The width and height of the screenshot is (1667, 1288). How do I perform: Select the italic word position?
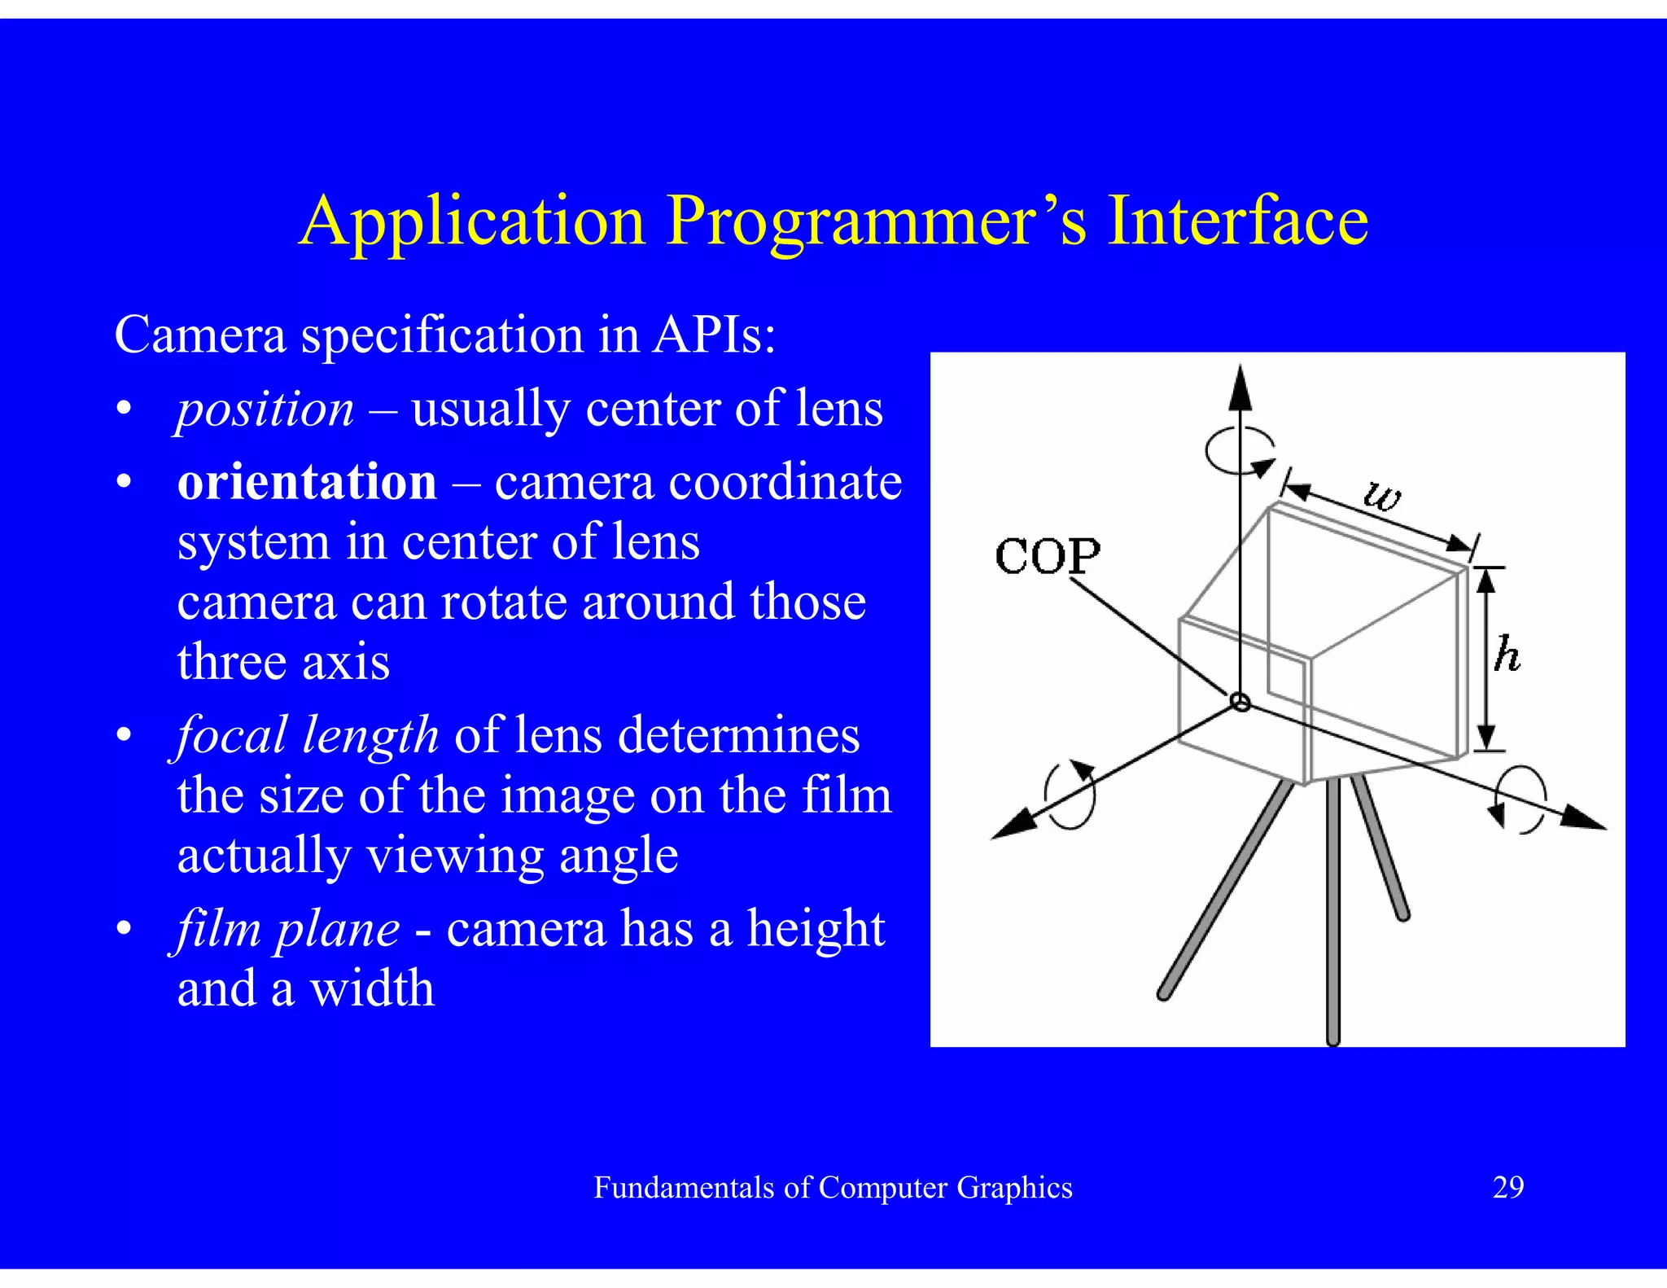point(265,409)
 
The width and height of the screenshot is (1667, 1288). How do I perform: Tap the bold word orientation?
point(307,482)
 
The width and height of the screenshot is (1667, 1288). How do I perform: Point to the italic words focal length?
point(308,735)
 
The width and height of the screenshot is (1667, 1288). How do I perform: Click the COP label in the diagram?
point(1047,557)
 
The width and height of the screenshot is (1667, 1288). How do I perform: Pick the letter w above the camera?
point(1382,494)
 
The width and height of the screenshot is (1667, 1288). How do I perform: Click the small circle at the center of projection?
point(1240,702)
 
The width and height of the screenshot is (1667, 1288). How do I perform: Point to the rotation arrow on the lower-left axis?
point(1070,795)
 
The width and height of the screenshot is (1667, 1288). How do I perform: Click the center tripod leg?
point(1332,912)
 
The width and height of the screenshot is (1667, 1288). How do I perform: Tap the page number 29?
point(1507,1188)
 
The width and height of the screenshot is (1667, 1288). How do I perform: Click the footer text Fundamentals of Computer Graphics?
point(833,1188)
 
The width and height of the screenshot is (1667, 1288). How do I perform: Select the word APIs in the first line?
point(713,335)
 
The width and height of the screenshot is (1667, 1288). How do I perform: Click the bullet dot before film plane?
point(124,929)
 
